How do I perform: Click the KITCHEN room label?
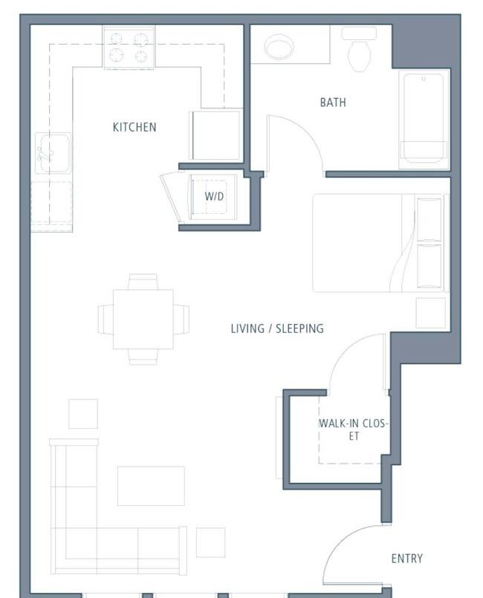tap(134, 127)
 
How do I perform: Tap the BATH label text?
tap(333, 103)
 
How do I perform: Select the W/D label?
tap(214, 196)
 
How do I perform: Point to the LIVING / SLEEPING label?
tap(277, 328)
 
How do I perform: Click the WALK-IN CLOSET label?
tap(354, 429)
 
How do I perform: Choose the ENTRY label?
tap(407, 559)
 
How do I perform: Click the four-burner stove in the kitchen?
tap(129, 48)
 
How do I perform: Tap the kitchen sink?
tap(54, 152)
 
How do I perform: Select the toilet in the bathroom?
tap(359, 49)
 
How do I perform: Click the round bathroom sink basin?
tap(279, 47)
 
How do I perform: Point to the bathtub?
tap(424, 119)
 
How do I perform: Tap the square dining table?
tap(143, 319)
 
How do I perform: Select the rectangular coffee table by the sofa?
tap(151, 486)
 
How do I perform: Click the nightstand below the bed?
tap(431, 313)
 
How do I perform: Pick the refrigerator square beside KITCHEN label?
tap(216, 135)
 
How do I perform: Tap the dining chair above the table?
tap(143, 282)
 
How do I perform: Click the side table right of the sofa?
tap(210, 542)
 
